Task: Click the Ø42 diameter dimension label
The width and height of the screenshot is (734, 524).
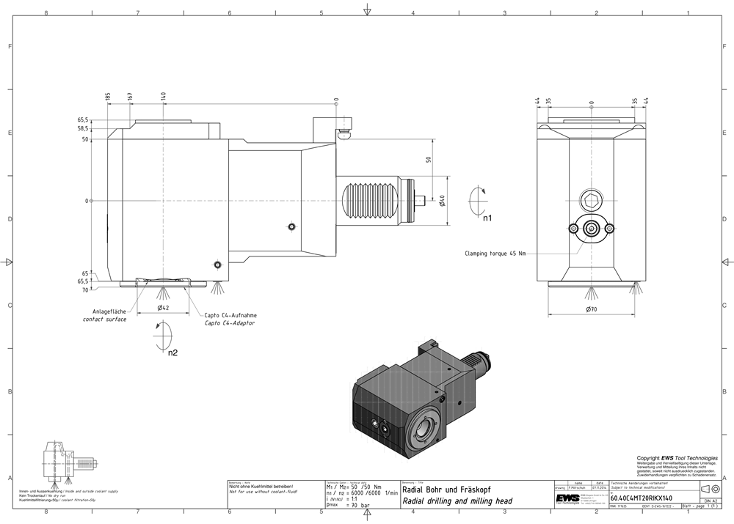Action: click(164, 309)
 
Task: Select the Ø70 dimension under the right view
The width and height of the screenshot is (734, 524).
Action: click(591, 310)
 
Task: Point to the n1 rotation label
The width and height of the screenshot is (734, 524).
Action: click(487, 218)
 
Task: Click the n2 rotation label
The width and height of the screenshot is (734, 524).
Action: click(172, 353)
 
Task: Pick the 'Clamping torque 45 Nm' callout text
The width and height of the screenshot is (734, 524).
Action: click(495, 254)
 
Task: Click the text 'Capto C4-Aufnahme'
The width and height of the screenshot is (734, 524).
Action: click(230, 315)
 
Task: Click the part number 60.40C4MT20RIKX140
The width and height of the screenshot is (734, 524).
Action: click(641, 496)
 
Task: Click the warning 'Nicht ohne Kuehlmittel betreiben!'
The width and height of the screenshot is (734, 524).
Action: click(261, 487)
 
